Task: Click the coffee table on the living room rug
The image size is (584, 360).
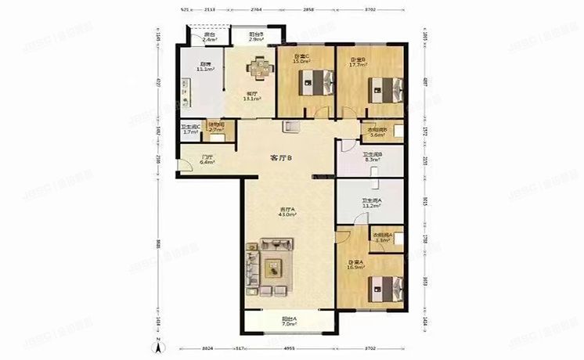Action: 274,268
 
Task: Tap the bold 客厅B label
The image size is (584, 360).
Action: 280,158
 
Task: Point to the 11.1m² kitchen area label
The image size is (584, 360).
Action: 205,69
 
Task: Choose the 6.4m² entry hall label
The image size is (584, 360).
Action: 207,163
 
